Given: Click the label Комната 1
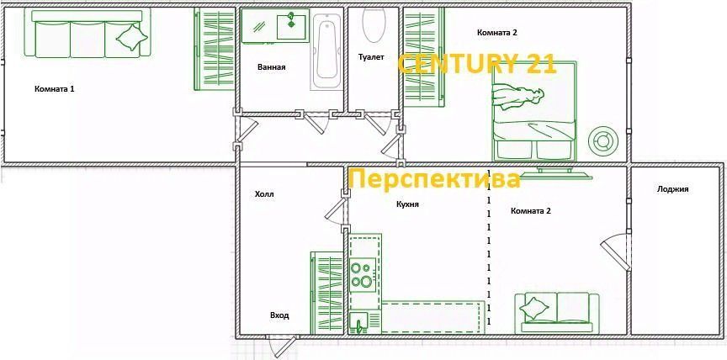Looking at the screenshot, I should tap(55, 88).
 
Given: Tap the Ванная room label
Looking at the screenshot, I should tap(271, 67).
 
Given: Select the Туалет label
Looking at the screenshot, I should tap(370, 57).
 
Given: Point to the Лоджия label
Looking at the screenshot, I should tap(673, 189).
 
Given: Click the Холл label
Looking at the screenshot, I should tap(264, 194).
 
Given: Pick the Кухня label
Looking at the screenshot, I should tap(408, 204).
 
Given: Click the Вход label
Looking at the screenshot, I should tap(279, 315).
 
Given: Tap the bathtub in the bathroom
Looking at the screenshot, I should tap(326, 52).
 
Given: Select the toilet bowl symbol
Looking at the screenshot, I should tap(372, 25).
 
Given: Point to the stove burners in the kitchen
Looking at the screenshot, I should tap(362, 274).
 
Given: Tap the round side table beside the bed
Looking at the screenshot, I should tap(603, 140).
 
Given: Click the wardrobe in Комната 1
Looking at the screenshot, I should tap(214, 49).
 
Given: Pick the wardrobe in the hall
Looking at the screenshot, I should tap(325, 292).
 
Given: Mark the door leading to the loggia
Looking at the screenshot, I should tap(617, 252).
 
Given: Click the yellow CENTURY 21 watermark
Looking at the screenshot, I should tap(476, 64).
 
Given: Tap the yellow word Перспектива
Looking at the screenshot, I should tap(434, 180).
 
